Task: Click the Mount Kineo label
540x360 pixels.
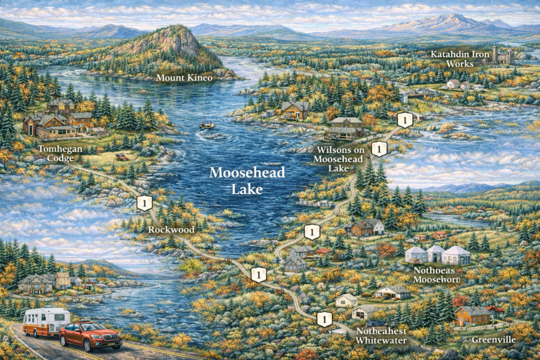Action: click(x=184, y=78)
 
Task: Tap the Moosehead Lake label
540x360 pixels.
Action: click(x=247, y=180)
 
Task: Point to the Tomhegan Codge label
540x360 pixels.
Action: click(x=60, y=153)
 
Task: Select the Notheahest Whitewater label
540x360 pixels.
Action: click(x=382, y=335)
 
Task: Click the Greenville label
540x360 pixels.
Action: click(x=493, y=339)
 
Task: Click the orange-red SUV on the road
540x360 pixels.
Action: click(x=90, y=336)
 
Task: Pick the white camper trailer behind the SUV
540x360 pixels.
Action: click(x=46, y=322)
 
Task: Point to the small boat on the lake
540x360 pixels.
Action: click(x=207, y=125)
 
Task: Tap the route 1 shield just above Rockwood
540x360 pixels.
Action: click(x=144, y=203)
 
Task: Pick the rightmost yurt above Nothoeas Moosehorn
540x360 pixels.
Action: click(x=457, y=256)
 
